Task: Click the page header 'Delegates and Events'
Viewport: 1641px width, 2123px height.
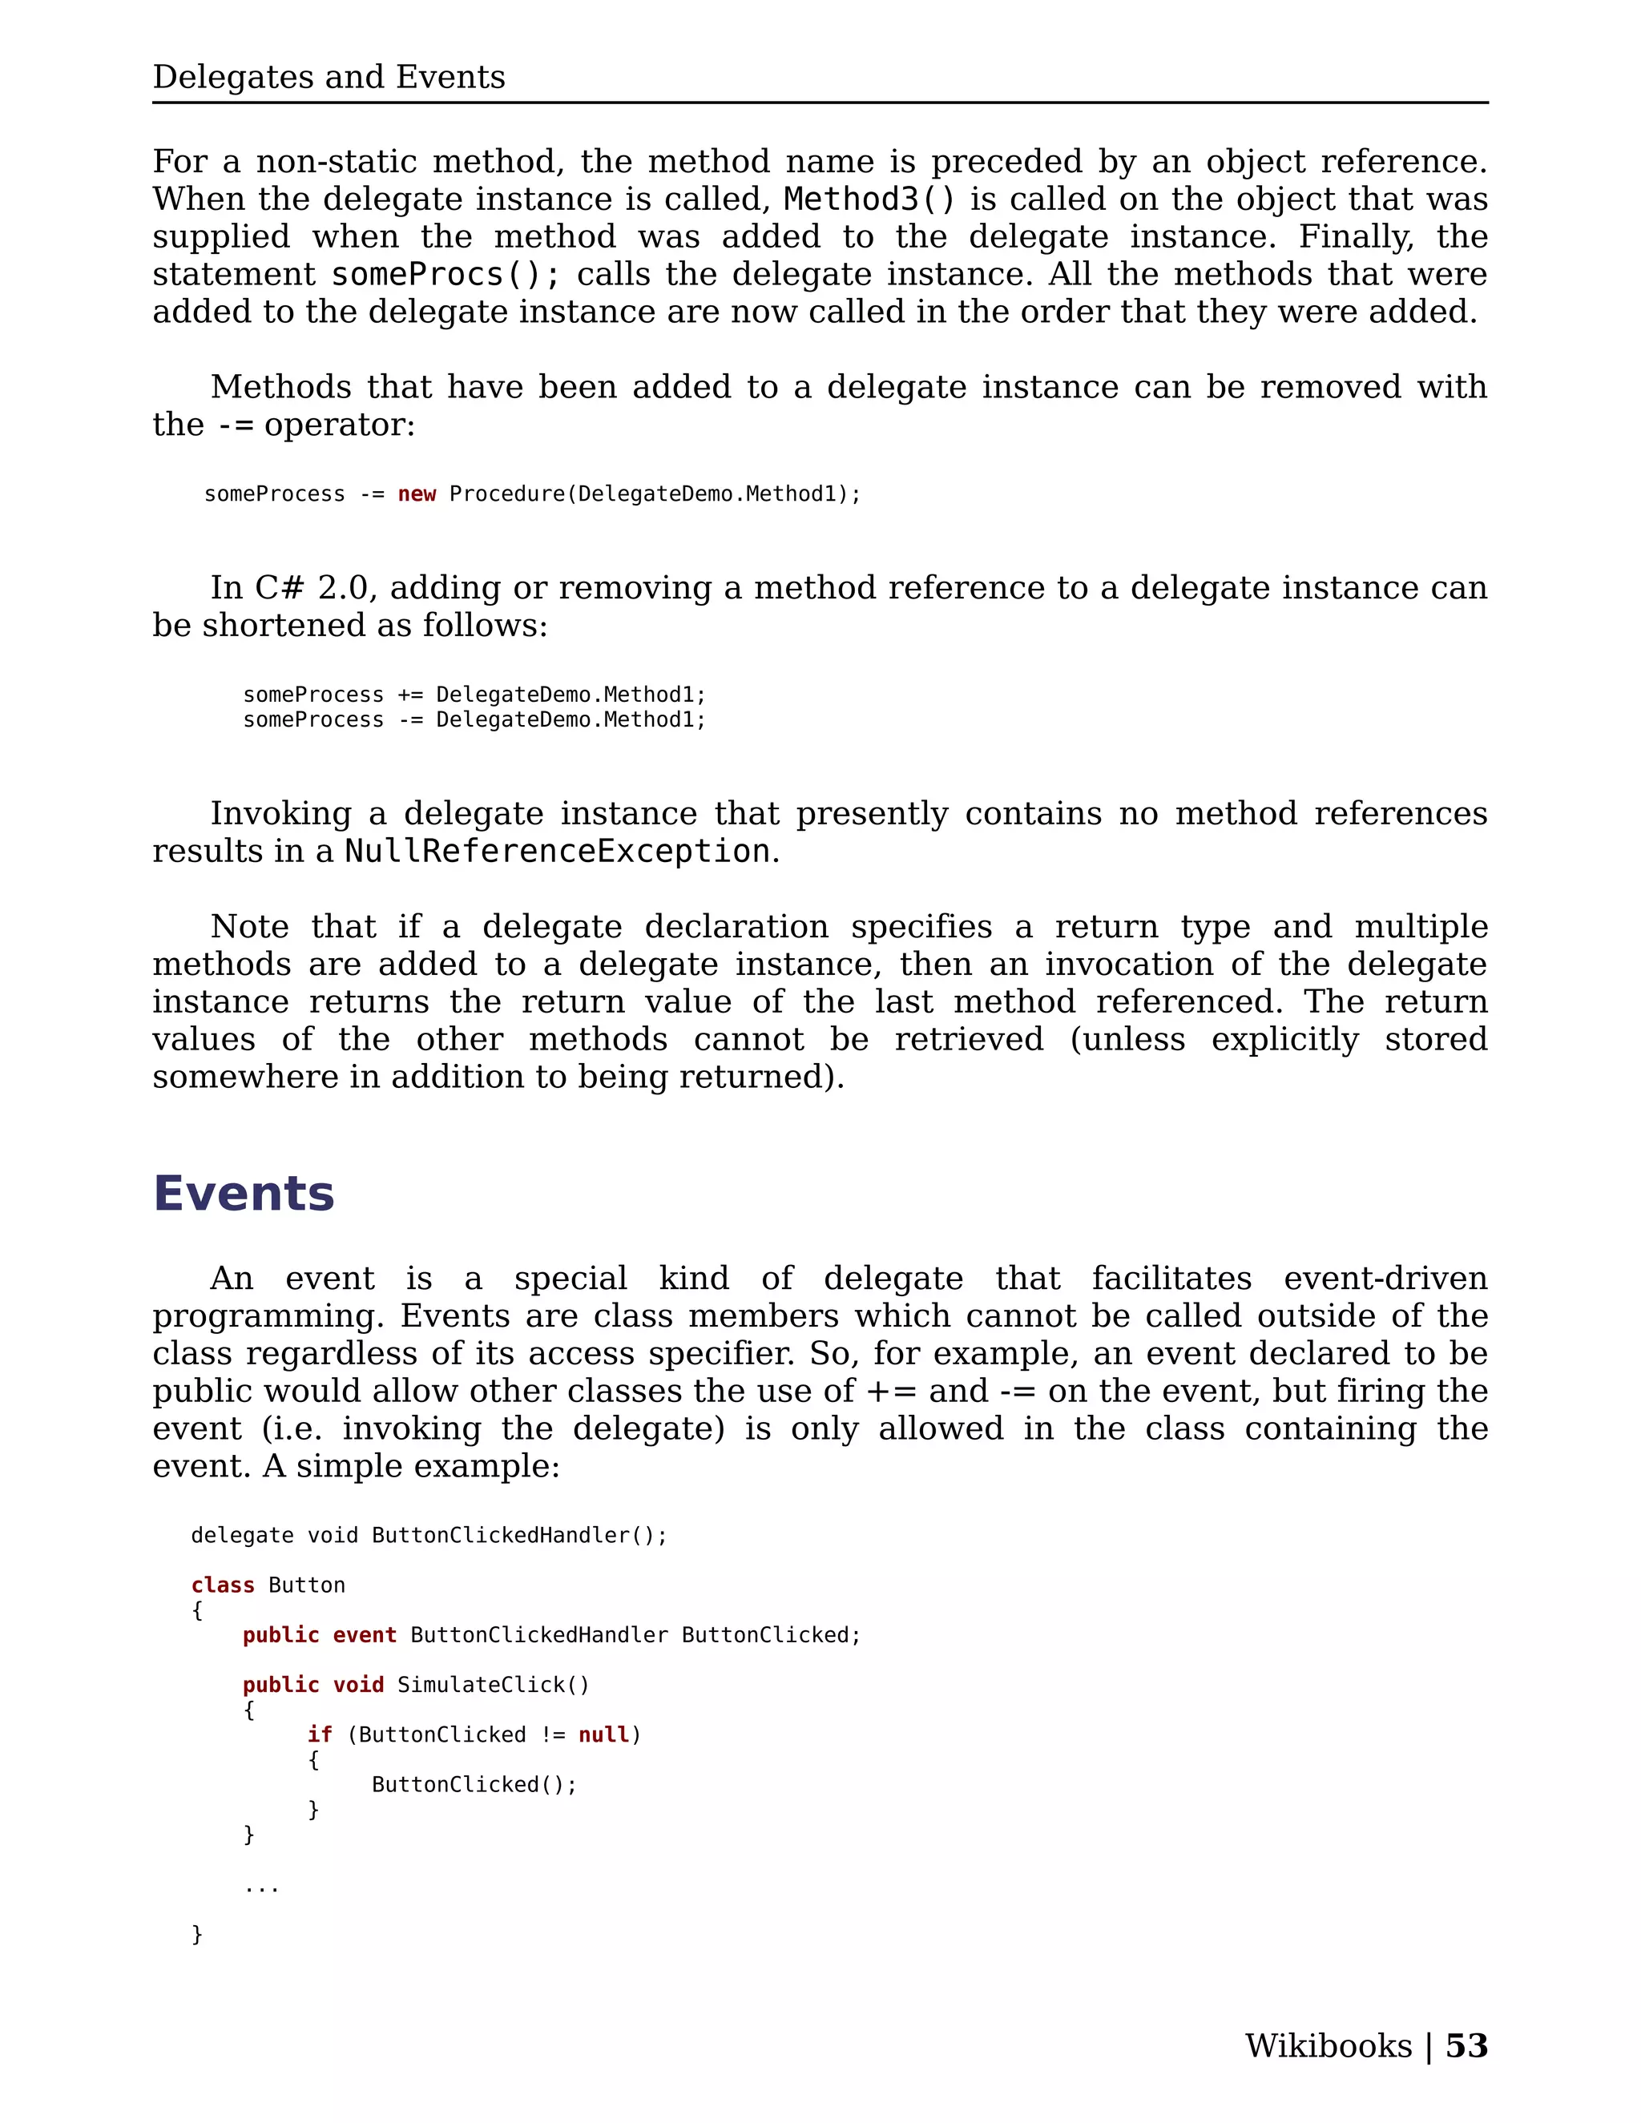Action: coord(329,77)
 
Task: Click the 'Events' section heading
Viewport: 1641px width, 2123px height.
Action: coord(244,1193)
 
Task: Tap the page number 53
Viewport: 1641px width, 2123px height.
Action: coord(1466,2045)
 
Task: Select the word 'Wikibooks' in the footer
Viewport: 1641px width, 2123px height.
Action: coord(1328,2045)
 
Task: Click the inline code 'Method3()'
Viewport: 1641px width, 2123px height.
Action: coord(870,199)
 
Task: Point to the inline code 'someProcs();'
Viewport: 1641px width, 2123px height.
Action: coord(446,275)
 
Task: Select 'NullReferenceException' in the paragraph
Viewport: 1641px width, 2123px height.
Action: coord(558,852)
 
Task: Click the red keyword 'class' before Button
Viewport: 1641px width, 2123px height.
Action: coord(223,1585)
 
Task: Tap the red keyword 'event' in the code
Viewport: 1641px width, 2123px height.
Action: coord(365,1635)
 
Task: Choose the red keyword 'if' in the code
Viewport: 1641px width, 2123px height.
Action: coord(320,1735)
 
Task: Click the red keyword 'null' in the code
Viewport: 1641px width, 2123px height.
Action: coord(603,1735)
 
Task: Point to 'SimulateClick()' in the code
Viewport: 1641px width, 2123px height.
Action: coord(493,1686)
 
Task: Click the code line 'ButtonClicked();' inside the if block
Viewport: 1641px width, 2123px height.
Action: coord(474,1785)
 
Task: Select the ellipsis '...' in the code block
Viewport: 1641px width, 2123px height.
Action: coord(261,1886)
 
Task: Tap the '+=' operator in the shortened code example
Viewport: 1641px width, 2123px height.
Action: coord(409,695)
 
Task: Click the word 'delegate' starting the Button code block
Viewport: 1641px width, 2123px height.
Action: coord(242,1536)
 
